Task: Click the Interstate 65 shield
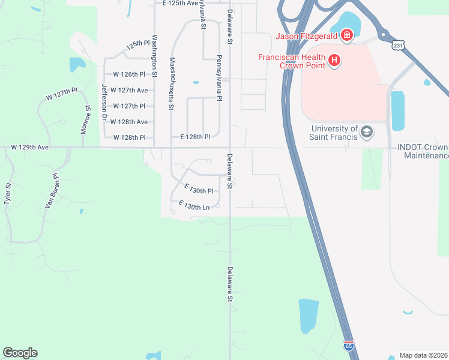pos(349,346)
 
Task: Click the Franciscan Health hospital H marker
pos(334,61)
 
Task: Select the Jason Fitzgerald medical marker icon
pos(346,36)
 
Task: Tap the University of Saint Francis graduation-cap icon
pos(366,132)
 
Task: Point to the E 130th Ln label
pos(193,206)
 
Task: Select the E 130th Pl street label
pos(199,190)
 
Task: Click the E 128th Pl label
pos(195,137)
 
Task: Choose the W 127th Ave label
pos(133,91)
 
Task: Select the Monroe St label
pos(85,120)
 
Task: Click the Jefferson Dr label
pos(104,97)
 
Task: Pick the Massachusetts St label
pos(172,83)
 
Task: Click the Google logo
pos(20,353)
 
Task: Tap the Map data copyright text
pos(423,355)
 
